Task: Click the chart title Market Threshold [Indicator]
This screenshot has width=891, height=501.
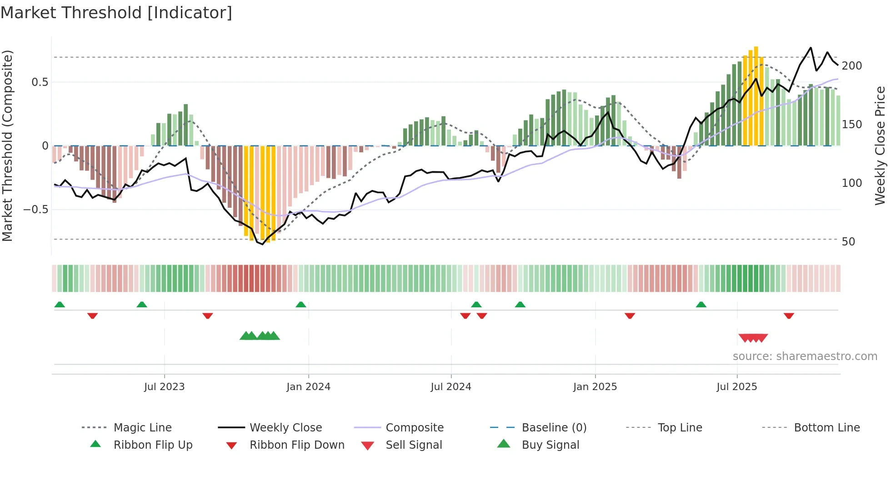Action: click(116, 13)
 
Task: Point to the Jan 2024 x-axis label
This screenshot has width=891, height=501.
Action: click(308, 387)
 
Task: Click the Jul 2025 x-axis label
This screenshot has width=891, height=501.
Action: click(736, 387)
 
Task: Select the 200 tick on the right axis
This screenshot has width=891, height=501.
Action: click(851, 66)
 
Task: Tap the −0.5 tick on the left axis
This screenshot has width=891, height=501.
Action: click(36, 210)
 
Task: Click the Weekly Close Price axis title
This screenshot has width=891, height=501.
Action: click(880, 145)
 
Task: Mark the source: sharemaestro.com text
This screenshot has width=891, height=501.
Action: click(805, 356)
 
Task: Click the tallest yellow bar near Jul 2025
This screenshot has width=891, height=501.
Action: click(756, 95)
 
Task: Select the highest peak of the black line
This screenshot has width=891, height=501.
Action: click(810, 48)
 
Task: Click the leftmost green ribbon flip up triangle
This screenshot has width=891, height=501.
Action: click(60, 305)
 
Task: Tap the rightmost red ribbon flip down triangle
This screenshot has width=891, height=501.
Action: click(789, 316)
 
